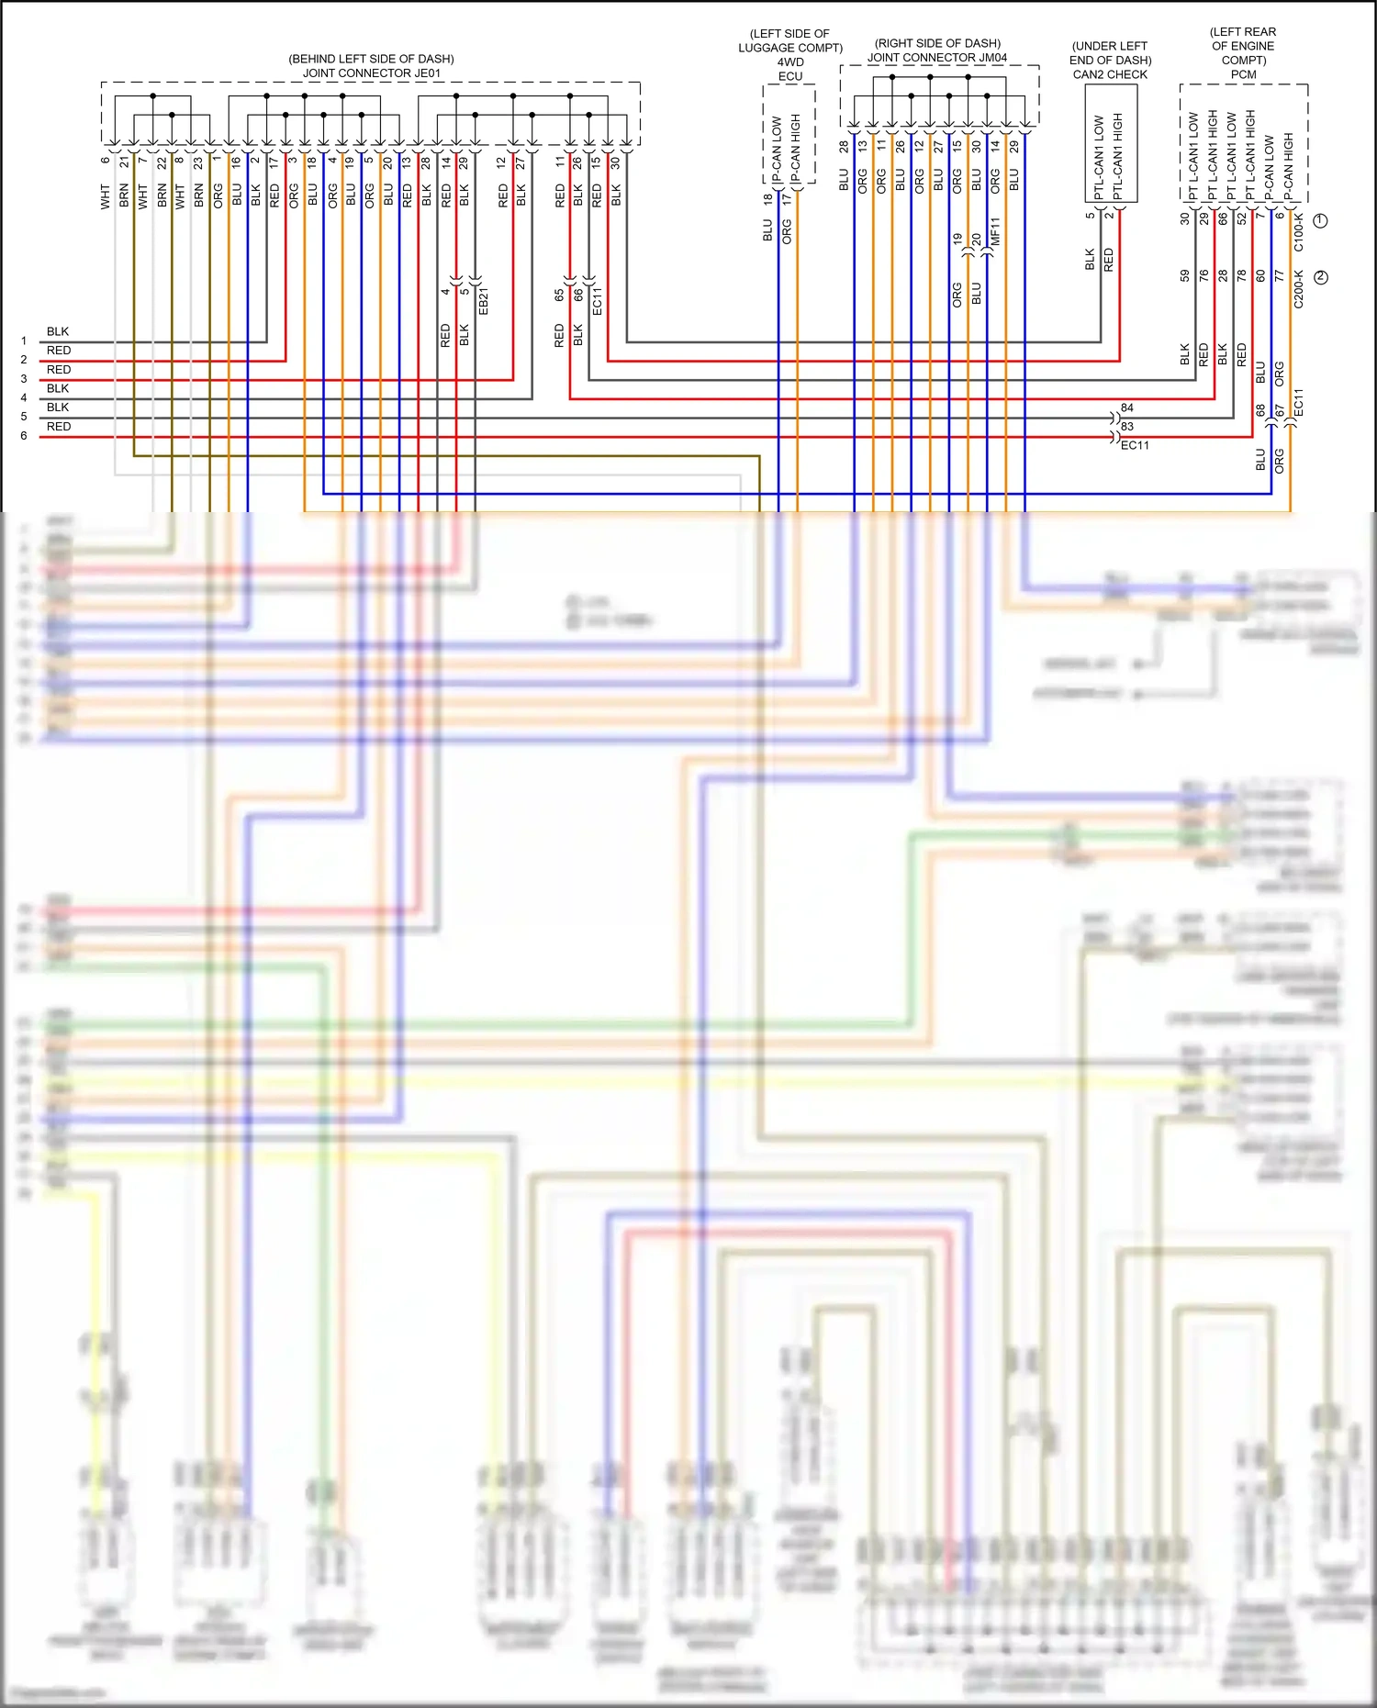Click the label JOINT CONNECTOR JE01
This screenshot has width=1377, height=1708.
372,73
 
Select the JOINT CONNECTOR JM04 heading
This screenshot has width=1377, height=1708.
937,58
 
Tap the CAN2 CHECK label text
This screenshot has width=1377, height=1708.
1110,74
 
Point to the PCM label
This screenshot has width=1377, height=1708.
1243,74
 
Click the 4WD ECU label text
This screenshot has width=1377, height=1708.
790,70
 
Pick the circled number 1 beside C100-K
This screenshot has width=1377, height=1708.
1321,220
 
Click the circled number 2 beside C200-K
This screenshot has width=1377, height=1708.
1321,277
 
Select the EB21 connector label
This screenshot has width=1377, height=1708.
484,300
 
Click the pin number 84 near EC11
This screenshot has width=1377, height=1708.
1127,407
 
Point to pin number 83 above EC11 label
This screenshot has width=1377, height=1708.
1127,427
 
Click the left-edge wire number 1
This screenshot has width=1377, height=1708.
24,340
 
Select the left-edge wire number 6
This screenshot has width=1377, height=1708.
24,436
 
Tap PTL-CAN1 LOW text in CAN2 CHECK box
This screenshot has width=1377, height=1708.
1099,157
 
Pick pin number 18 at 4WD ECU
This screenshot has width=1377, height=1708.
767,198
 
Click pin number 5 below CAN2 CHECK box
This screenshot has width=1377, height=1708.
1090,216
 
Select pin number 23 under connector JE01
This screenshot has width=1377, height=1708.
197,162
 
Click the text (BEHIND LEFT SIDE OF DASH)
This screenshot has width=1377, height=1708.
371,59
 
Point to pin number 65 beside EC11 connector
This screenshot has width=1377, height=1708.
559,296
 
